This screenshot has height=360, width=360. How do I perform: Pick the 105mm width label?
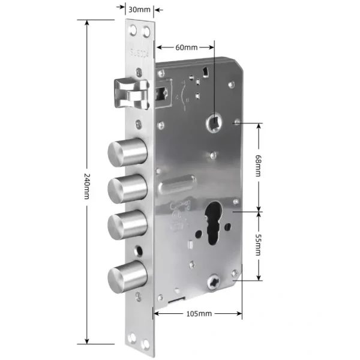pyautogui.click(x=198, y=314)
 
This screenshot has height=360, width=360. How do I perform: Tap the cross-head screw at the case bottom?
pyautogui.click(x=215, y=280)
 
